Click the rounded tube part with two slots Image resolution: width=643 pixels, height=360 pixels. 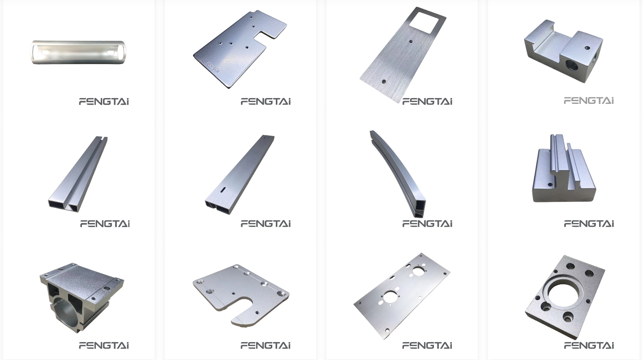point(78,52)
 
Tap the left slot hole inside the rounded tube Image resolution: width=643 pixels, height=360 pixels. point(45,52)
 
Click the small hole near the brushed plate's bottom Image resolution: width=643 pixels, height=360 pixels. point(384,82)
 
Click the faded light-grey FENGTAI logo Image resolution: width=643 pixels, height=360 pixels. point(588,100)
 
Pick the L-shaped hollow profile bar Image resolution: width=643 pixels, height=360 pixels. point(77,174)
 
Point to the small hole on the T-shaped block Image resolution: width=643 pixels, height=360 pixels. point(550,184)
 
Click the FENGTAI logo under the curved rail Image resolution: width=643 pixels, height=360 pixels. point(427,223)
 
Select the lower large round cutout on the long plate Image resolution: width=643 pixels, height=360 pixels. point(390,296)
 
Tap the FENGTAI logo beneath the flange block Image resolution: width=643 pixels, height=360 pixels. point(589,345)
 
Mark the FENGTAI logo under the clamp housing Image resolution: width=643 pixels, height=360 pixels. point(104,345)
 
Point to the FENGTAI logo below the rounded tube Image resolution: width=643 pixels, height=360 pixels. point(104,101)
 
